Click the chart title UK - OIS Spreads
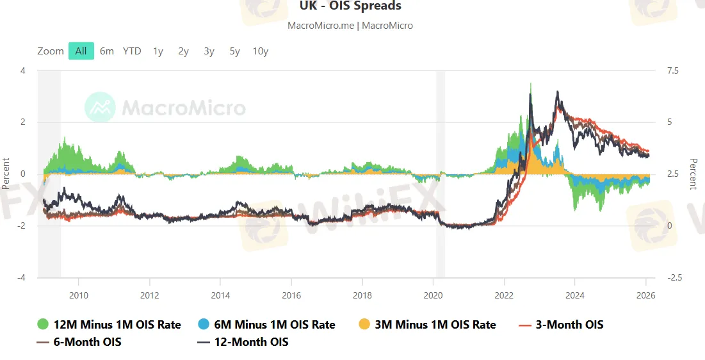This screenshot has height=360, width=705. click(x=350, y=6)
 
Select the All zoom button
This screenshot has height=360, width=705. click(x=81, y=51)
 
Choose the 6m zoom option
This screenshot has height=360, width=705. click(x=107, y=51)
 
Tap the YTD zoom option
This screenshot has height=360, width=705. click(x=132, y=51)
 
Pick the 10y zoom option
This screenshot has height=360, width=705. click(x=260, y=51)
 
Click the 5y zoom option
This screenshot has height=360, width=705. click(x=234, y=51)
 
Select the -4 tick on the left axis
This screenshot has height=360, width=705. click(x=22, y=277)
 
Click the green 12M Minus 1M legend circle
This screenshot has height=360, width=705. click(x=44, y=324)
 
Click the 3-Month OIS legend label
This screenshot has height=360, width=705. click(x=569, y=324)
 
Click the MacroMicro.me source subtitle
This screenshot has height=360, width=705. click(x=350, y=26)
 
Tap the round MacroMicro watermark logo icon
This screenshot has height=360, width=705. click(x=101, y=107)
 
